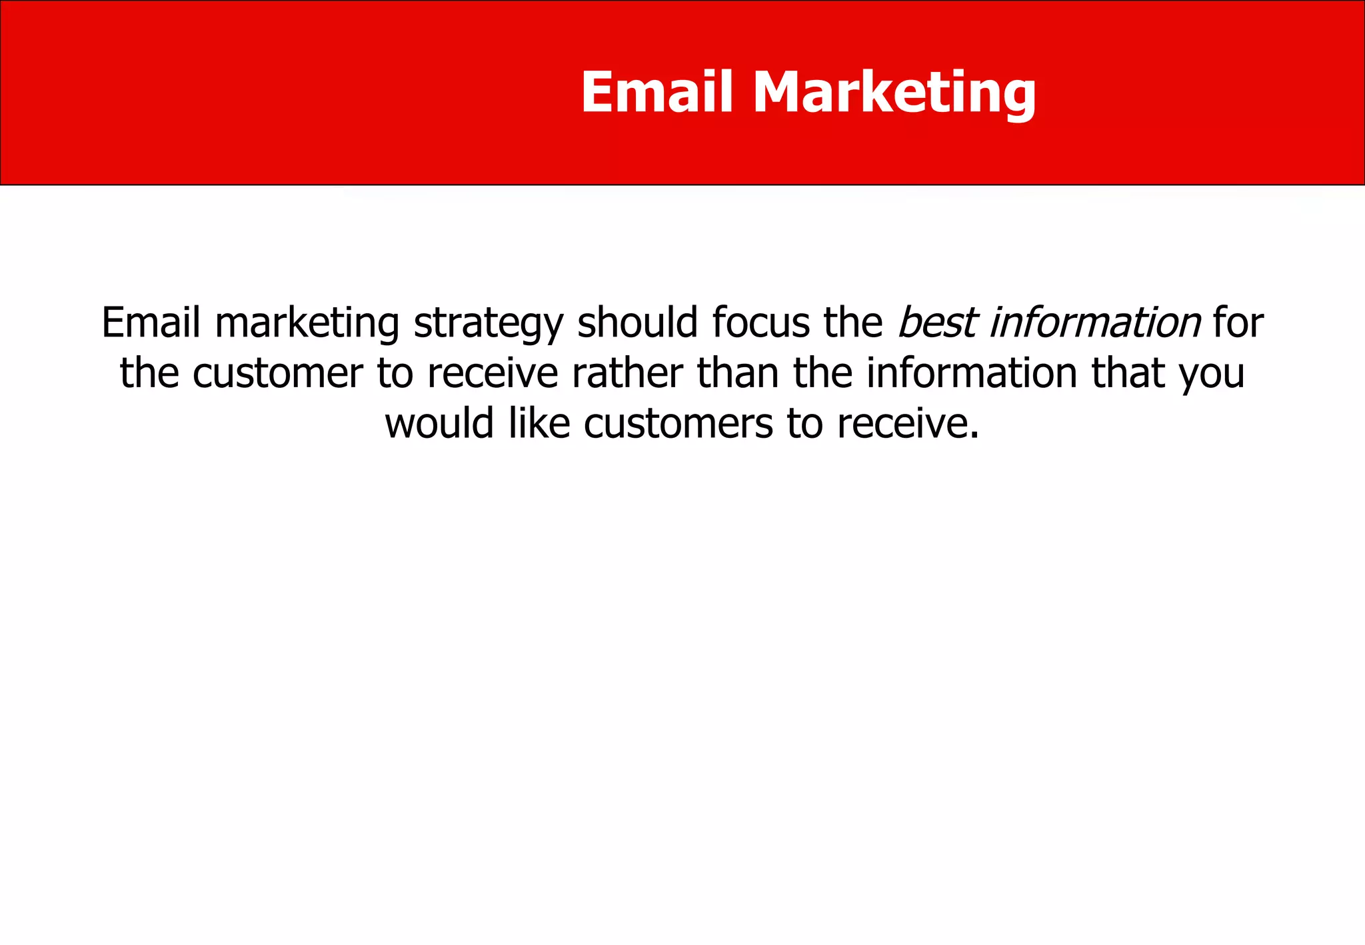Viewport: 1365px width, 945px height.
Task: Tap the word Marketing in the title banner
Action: coord(894,93)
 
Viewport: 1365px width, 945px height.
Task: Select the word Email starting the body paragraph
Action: coord(151,323)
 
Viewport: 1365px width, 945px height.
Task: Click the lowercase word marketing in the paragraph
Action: coord(307,324)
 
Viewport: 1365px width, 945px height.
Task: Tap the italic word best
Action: coord(936,323)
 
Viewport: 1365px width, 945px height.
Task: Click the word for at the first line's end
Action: coord(1238,323)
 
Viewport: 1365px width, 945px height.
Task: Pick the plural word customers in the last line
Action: coord(679,425)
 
